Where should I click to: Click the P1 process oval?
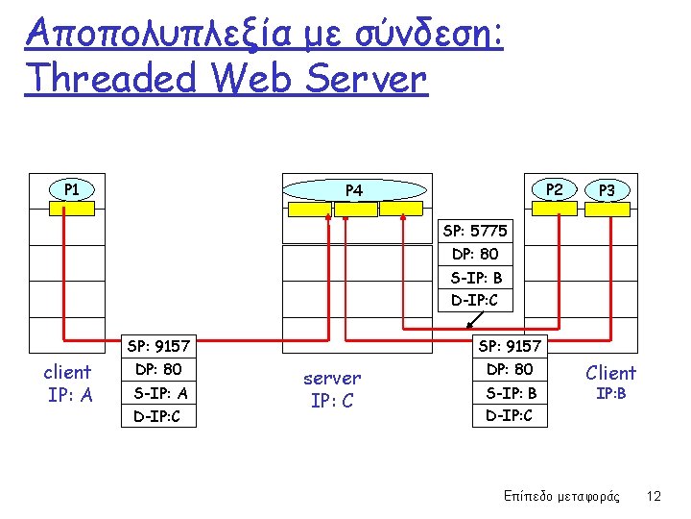pyautogui.click(x=71, y=189)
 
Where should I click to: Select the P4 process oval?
pyautogui.click(x=354, y=190)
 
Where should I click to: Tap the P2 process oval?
pyautogui.click(x=554, y=189)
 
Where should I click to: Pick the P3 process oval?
pyautogui.click(x=607, y=190)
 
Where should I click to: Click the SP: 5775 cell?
pyautogui.click(x=475, y=232)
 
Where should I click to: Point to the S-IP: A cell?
pyautogui.click(x=160, y=393)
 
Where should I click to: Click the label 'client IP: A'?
pyautogui.click(x=68, y=383)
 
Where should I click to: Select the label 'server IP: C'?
pyautogui.click(x=332, y=389)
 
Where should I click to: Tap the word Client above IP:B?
pyautogui.click(x=610, y=372)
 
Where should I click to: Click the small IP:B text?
pyautogui.click(x=610, y=393)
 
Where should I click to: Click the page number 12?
pyautogui.click(x=655, y=496)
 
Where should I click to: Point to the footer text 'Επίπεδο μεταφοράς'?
pyautogui.click(x=562, y=496)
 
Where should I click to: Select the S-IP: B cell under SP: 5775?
pyautogui.click(x=475, y=278)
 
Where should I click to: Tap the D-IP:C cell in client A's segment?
pyautogui.click(x=160, y=416)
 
